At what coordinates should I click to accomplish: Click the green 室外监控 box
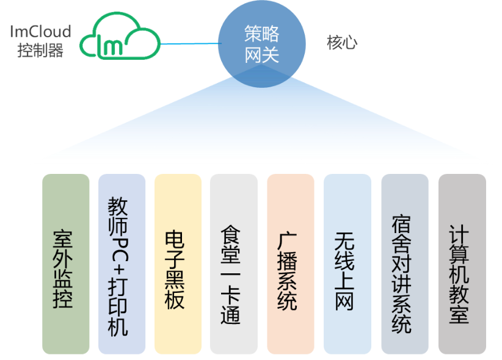tap(63, 264)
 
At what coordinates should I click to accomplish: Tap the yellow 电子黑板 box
tap(178, 264)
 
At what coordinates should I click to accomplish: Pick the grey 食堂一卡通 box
tap(233, 264)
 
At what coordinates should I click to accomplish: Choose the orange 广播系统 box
tap(291, 264)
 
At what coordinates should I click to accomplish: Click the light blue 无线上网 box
tap(347, 264)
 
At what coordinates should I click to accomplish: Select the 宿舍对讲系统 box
tap(404, 264)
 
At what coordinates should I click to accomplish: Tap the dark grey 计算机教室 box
tap(462, 264)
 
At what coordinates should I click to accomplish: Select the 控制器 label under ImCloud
tap(40, 51)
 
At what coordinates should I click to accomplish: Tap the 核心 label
tap(341, 43)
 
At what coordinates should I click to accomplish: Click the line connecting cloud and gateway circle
tap(189, 44)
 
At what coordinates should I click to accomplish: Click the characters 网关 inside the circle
tap(262, 56)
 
